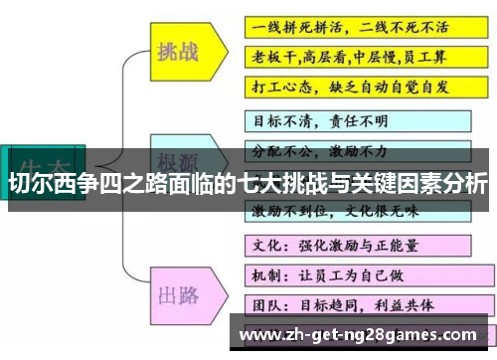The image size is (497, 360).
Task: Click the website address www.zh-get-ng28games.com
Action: (x=365, y=333)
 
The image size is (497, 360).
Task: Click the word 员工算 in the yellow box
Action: (x=431, y=56)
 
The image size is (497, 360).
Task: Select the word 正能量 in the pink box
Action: (x=398, y=243)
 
